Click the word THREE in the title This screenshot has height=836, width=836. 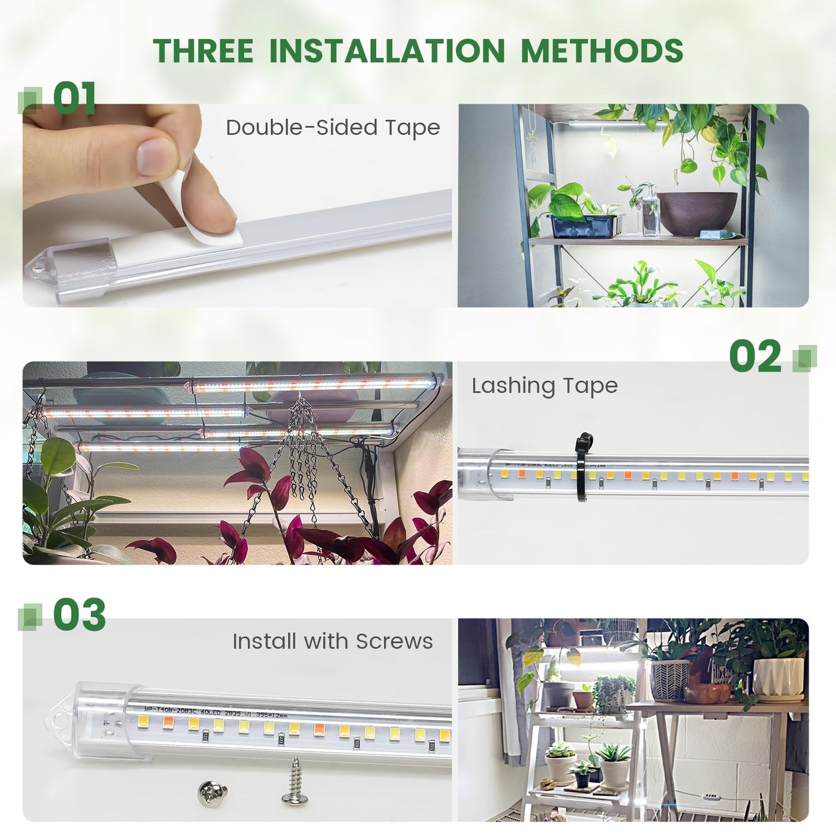click(203, 51)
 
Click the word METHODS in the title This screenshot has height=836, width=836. click(602, 51)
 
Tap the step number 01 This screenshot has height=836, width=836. click(74, 98)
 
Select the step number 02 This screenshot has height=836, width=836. click(754, 356)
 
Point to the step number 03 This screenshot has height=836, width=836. click(79, 614)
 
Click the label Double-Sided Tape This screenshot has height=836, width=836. click(333, 128)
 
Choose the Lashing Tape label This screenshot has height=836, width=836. click(544, 386)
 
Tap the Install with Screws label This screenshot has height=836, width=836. click(333, 642)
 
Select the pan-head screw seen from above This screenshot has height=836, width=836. click(212, 791)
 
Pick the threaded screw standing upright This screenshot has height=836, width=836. click(295, 782)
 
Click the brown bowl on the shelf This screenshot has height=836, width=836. click(697, 212)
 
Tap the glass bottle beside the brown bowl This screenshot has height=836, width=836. click(650, 214)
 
